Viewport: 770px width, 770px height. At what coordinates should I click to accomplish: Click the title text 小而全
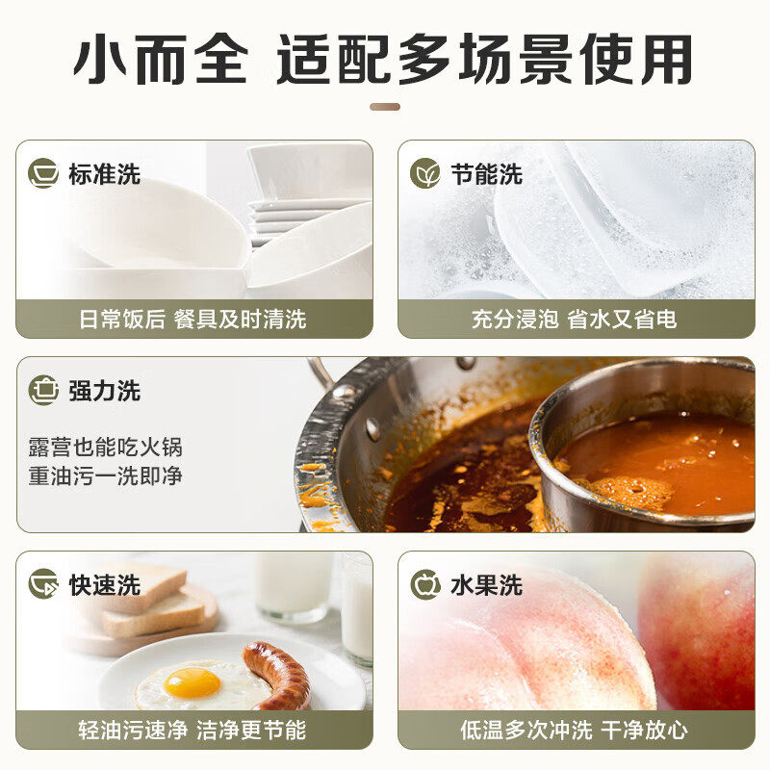[161, 59]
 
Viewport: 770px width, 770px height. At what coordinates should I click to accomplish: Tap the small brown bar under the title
[385, 107]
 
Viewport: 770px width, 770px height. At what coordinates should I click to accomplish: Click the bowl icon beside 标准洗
[43, 173]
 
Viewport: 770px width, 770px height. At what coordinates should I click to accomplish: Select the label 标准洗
[105, 174]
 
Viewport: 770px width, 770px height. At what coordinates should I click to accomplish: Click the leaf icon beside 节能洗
[425, 173]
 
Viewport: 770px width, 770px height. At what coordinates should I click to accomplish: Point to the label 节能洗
[487, 174]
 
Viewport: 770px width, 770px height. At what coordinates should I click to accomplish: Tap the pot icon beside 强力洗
[43, 391]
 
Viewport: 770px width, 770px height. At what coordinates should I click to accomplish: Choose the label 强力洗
[105, 391]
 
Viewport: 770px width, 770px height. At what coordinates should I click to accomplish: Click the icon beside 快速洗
[43, 584]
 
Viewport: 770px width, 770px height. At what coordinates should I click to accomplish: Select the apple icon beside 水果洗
[425, 584]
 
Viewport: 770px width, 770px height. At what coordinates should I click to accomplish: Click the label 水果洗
[487, 585]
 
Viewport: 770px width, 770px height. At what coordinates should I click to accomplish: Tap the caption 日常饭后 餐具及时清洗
[193, 320]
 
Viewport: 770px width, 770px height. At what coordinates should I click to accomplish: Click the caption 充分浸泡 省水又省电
[574, 320]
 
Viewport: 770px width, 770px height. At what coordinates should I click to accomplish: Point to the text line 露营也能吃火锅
[106, 447]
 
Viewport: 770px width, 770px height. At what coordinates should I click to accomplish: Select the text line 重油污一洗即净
[106, 475]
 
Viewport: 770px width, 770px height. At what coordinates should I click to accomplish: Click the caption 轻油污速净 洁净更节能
[192, 730]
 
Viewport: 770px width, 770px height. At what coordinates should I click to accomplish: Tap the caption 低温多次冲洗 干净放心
[574, 730]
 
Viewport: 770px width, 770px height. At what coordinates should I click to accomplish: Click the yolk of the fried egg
[192, 683]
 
